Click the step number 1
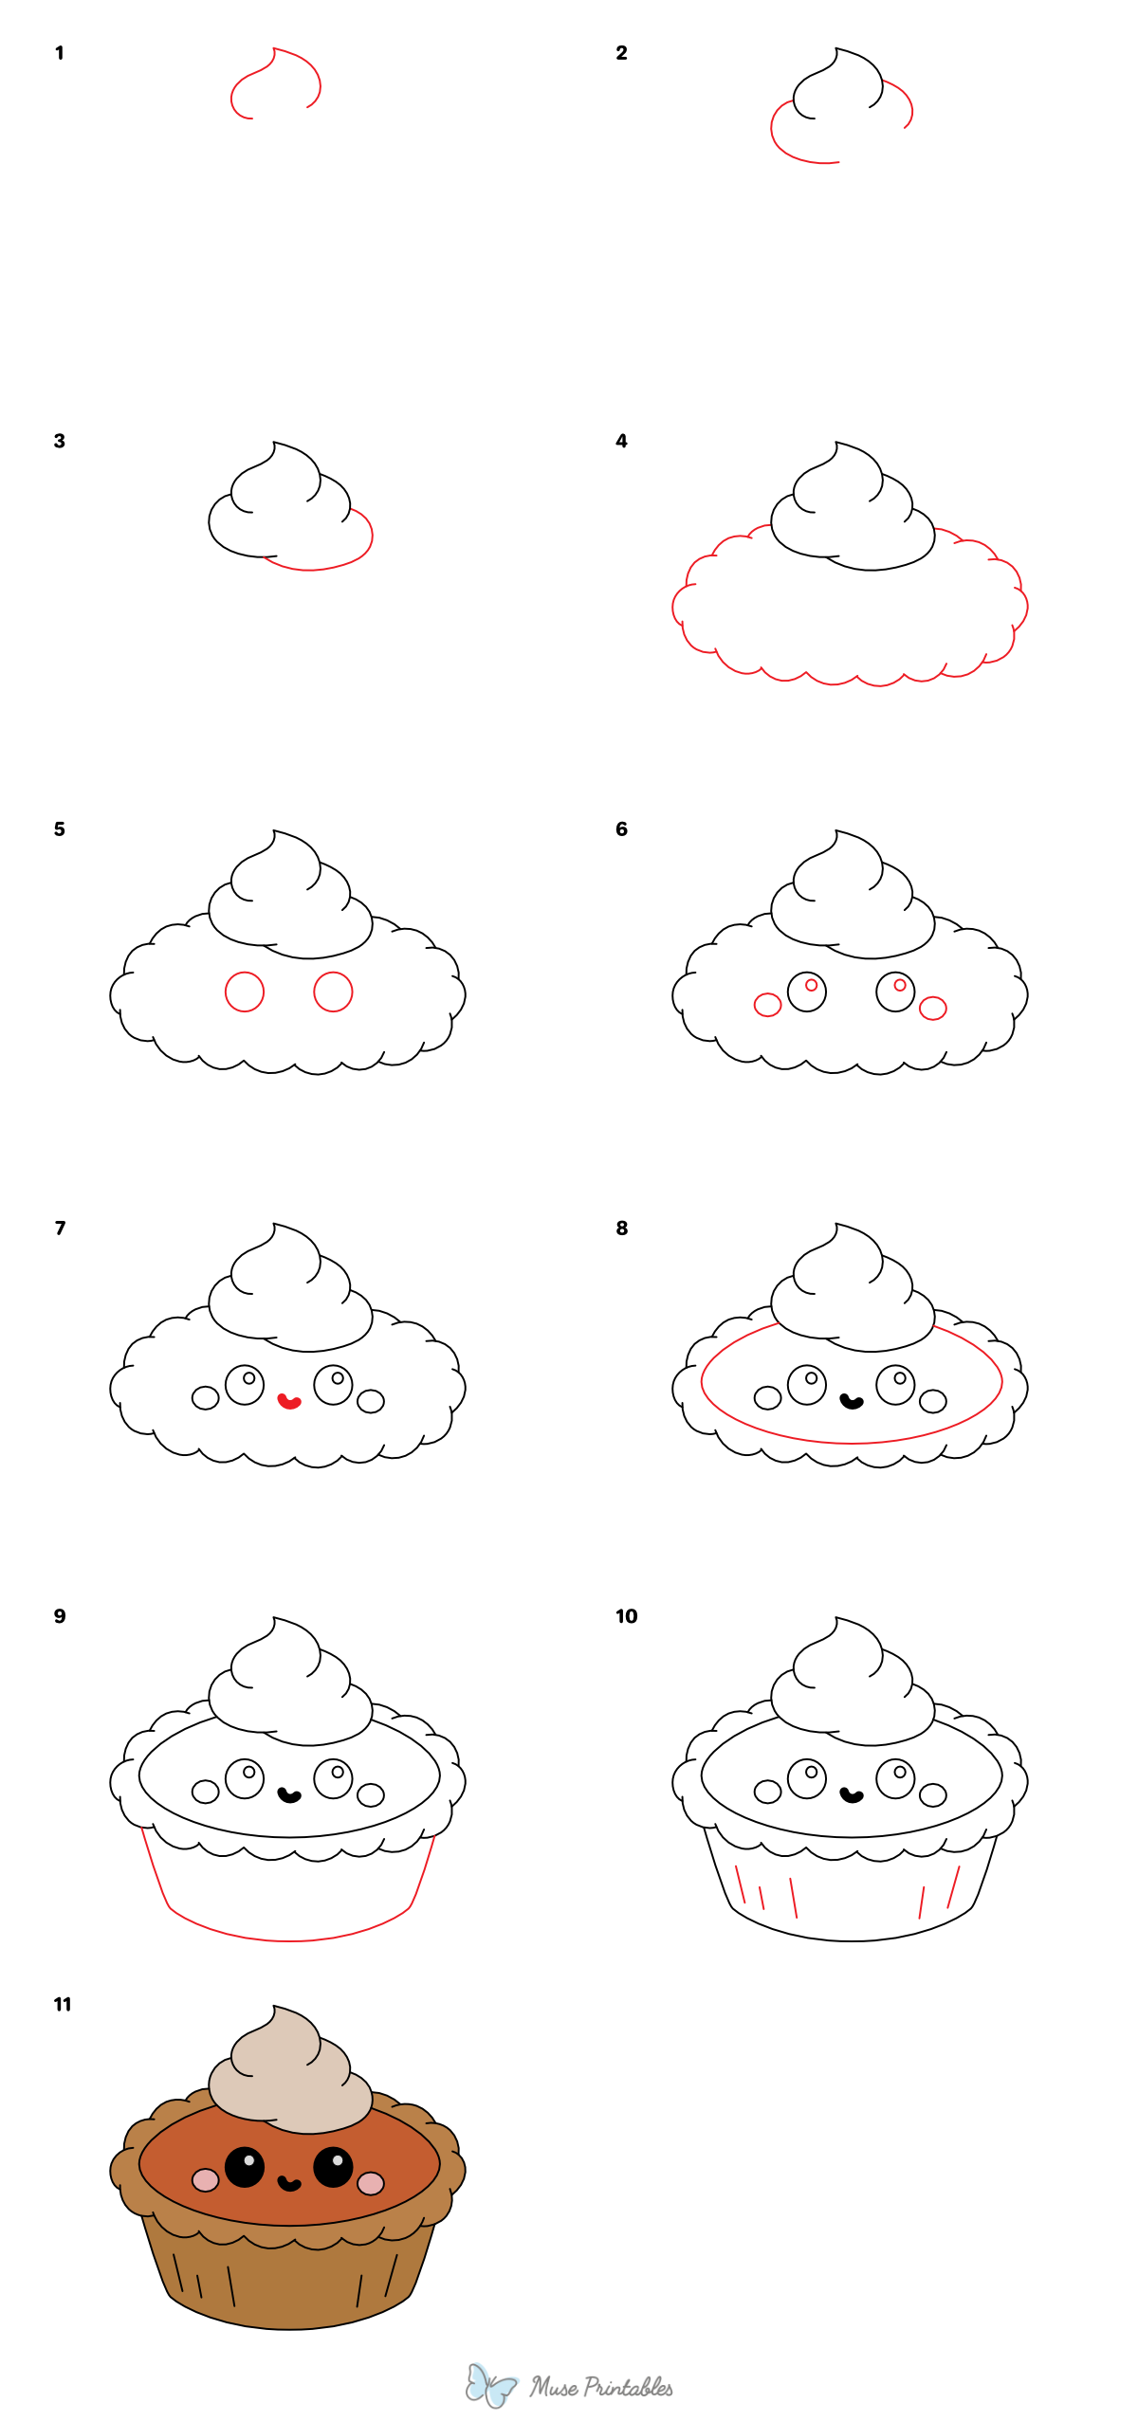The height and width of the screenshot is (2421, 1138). (59, 53)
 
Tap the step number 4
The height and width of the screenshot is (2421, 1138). (621, 441)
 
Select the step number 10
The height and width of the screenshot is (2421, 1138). (627, 1616)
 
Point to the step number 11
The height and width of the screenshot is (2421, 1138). (63, 2004)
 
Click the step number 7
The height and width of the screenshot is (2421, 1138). (60, 1229)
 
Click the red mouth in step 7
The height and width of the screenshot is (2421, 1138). (288, 1401)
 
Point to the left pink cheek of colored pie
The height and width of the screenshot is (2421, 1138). (206, 2180)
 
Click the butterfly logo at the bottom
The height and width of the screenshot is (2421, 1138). (490, 2385)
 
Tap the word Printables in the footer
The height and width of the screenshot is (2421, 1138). (628, 2387)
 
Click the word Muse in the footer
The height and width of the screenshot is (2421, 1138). (553, 2387)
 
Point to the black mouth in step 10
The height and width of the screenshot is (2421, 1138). (852, 1794)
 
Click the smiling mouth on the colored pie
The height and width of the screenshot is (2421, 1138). (289, 2184)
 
